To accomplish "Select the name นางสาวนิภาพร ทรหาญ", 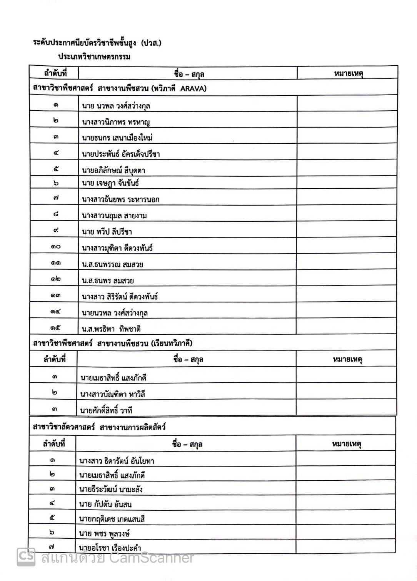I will [x=116, y=122].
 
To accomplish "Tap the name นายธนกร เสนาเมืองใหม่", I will [x=117, y=138].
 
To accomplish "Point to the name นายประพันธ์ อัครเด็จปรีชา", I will [x=121, y=154].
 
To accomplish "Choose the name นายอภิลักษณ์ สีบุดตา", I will [x=113, y=170].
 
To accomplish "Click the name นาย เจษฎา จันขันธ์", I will [x=110, y=183].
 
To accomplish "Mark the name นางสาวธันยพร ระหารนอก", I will [x=120, y=199].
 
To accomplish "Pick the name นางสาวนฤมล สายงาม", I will [x=114, y=216].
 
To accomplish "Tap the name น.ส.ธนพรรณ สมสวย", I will [x=112, y=264].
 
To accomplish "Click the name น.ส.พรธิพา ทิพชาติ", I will [x=111, y=329].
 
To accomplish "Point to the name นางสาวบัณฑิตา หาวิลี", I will [x=112, y=394].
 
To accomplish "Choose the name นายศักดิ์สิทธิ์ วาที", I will [x=106, y=410].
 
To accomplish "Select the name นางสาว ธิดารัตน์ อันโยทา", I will [x=117, y=461].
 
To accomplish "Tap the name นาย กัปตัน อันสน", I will [x=105, y=504].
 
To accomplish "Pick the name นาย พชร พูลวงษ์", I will [x=104, y=533].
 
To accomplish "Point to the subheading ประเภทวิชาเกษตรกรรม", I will [x=94, y=57].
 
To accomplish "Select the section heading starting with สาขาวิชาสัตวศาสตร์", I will [x=99, y=427].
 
